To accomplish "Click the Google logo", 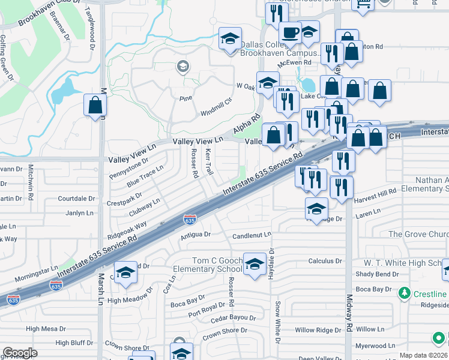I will click(x=20, y=353).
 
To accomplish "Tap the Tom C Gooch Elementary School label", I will click(x=208, y=265).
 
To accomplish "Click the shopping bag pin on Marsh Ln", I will click(x=95, y=106).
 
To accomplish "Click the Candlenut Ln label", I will click(x=252, y=235).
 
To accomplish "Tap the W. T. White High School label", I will click(x=402, y=263).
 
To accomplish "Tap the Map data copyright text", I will click(x=423, y=355).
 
